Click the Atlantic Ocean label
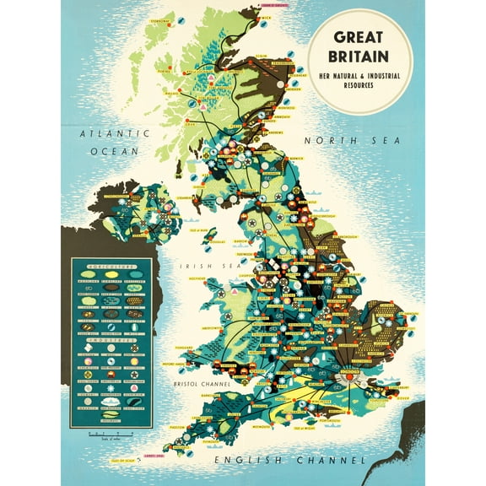(x=115, y=142)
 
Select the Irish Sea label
(x=197, y=267)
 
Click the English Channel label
(x=290, y=460)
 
